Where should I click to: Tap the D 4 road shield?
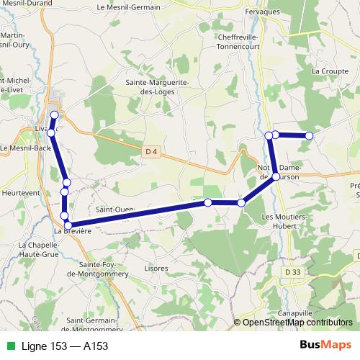150,151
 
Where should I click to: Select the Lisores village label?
156,268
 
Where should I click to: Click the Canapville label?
295,314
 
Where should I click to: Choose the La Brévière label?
73,231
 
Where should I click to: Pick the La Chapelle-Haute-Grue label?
29,248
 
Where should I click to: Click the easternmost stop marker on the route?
310,135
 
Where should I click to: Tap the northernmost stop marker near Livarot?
54,115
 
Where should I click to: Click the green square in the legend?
9,346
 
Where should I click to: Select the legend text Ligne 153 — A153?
65,346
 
